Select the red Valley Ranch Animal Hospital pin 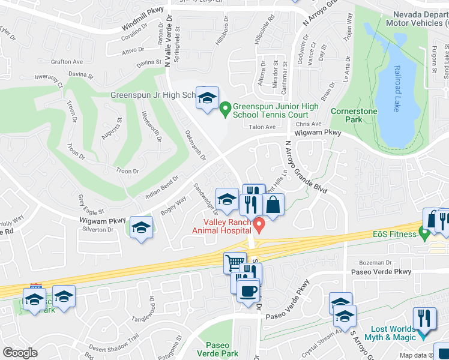point(259,225)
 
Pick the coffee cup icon point(247,292)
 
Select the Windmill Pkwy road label point(143,23)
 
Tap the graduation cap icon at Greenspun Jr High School point(207,98)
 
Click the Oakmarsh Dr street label point(195,144)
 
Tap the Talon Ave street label point(262,127)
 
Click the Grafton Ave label point(67,62)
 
